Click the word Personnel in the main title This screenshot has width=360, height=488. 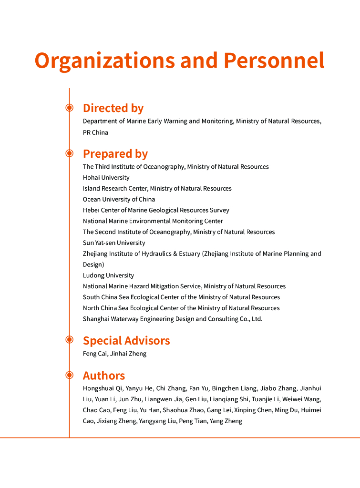[x=274, y=61]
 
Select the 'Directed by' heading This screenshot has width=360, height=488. [x=113, y=108]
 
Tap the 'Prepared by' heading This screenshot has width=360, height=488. [x=115, y=154]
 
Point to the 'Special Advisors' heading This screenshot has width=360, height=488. [x=126, y=341]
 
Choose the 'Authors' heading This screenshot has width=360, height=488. [x=104, y=376]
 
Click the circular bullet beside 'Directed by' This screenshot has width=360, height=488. [x=69, y=108]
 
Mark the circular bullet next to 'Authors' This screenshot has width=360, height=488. [x=69, y=375]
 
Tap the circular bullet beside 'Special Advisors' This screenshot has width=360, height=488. [x=69, y=340]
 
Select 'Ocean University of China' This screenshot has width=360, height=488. [x=119, y=200]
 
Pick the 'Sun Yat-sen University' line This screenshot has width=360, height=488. [x=114, y=243]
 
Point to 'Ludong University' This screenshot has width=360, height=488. [x=108, y=275]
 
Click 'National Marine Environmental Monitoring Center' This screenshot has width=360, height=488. [x=153, y=221]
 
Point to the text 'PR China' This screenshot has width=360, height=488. [x=95, y=132]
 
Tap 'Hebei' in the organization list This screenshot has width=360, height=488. [x=91, y=210]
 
